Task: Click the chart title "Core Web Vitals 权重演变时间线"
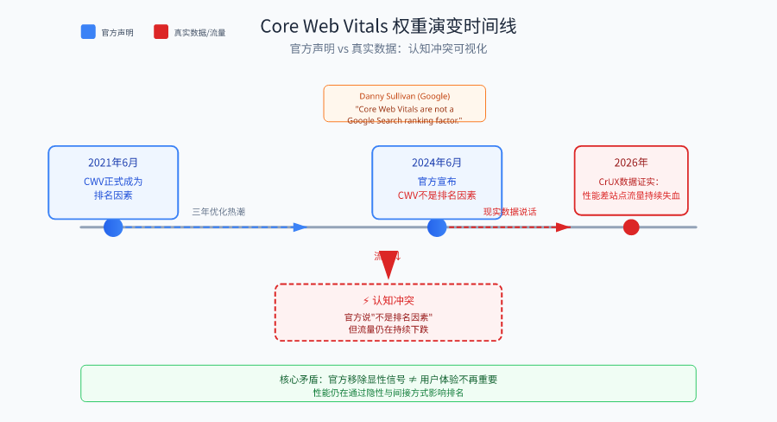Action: pyautogui.click(x=388, y=26)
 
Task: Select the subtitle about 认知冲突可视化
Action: pyautogui.click(x=388, y=49)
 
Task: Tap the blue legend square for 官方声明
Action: pyautogui.click(x=88, y=32)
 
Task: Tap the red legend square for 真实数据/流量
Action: pyautogui.click(x=161, y=32)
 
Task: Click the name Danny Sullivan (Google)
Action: pyautogui.click(x=404, y=96)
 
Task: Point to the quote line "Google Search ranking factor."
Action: pyautogui.click(x=404, y=120)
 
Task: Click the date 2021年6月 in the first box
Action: pyautogui.click(x=113, y=163)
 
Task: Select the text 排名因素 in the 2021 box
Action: pyautogui.click(x=113, y=195)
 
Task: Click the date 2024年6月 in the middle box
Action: pyautogui.click(x=437, y=163)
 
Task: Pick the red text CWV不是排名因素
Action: pyautogui.click(x=437, y=195)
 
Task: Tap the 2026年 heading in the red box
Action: pyautogui.click(x=631, y=163)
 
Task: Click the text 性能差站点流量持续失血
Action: pyautogui.click(x=631, y=195)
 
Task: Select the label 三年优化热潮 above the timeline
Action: pyautogui.click(x=218, y=211)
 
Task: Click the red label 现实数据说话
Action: pyautogui.click(x=509, y=211)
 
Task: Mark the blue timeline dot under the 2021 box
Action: pyautogui.click(x=113, y=227)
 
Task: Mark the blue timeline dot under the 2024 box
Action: pyautogui.click(x=437, y=227)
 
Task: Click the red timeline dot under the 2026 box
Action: pyautogui.click(x=631, y=227)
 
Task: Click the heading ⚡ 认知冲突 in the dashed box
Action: pyautogui.click(x=388, y=300)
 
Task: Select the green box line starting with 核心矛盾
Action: pyautogui.click(x=388, y=379)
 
